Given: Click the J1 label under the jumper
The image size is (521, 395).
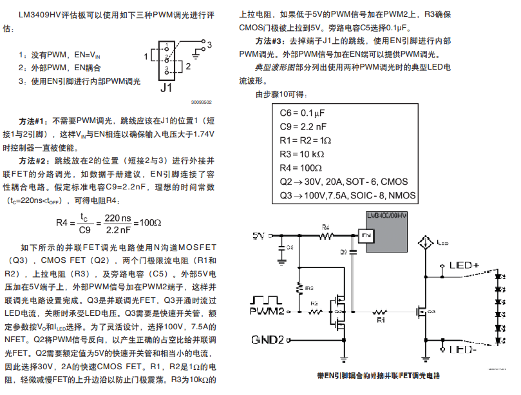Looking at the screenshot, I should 166,88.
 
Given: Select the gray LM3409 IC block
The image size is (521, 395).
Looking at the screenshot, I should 385,232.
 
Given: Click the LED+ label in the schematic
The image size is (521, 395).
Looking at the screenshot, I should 464,265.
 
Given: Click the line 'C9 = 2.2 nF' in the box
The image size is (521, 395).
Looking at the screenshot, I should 303,126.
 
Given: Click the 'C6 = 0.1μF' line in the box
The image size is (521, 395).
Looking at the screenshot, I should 303,113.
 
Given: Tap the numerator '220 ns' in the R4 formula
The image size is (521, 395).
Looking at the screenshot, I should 118,217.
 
